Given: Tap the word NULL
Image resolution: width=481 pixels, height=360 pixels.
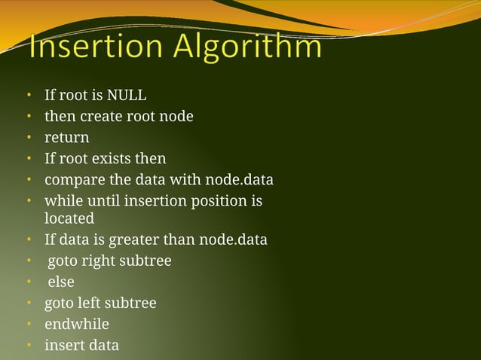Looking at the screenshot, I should click(127, 96).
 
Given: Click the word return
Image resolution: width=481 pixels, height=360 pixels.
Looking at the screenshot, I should click(66, 138).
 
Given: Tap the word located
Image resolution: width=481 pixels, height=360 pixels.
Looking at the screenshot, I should click(69, 218).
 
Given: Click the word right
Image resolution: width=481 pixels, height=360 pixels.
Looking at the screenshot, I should click(99, 261).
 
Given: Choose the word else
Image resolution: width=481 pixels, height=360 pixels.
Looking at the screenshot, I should click(61, 282).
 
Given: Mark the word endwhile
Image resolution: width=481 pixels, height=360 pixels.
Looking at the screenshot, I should click(76, 325).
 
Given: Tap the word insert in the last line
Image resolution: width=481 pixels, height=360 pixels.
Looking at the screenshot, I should click(63, 346).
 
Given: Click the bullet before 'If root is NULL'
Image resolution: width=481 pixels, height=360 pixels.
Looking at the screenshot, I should click(29, 96).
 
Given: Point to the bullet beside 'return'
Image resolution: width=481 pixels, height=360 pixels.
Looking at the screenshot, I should click(29, 139).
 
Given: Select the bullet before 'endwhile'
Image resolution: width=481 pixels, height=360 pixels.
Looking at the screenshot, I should click(29, 325).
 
